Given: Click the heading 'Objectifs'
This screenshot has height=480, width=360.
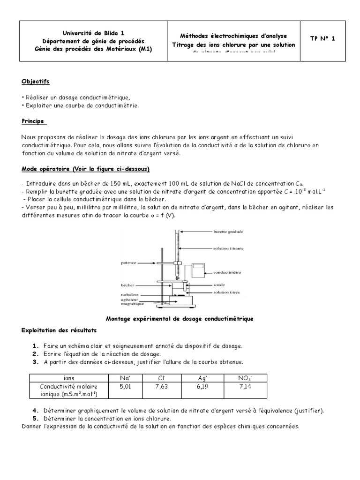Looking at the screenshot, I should (x=35, y=82).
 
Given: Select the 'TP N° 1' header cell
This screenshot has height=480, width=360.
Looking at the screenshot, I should (x=322, y=39).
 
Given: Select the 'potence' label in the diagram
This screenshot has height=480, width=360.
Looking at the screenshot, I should (x=128, y=263).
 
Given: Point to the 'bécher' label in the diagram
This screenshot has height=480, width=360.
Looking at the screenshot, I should (x=127, y=284).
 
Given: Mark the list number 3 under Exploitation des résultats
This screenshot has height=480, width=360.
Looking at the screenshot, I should (x=35, y=362).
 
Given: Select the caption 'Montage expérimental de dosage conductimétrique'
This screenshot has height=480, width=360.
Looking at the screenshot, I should (x=180, y=319).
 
